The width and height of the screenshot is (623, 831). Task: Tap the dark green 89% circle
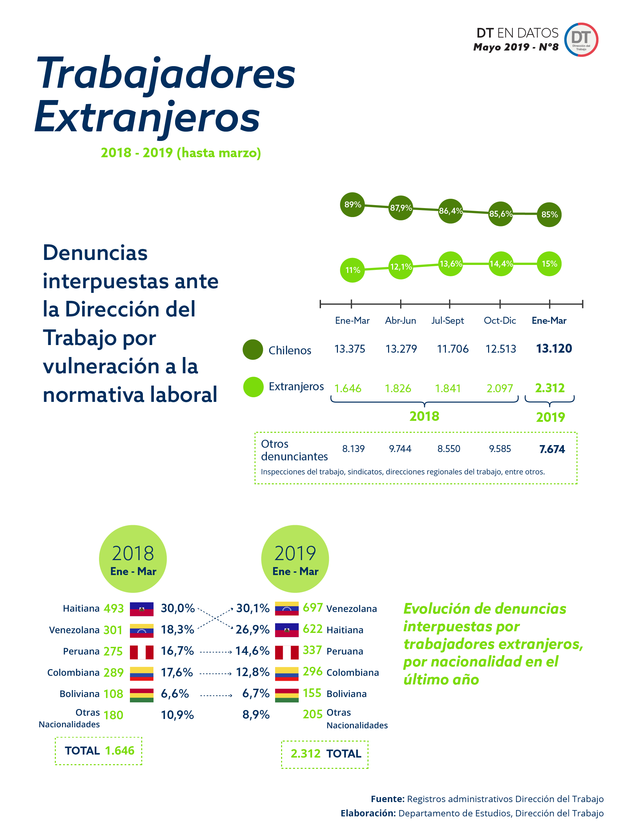click(352, 205)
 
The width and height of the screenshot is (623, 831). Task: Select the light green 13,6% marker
click(450, 264)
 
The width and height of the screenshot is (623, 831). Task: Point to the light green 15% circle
click(549, 264)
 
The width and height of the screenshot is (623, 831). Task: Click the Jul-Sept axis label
click(447, 320)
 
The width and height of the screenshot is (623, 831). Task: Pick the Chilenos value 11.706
click(453, 349)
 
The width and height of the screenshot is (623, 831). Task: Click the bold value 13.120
click(554, 349)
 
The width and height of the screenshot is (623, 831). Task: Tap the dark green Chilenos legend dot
click(253, 350)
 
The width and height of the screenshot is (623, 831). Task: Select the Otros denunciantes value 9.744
click(400, 448)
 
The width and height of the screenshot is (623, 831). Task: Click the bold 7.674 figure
click(552, 449)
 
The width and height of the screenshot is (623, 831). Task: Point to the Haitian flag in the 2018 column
click(142, 609)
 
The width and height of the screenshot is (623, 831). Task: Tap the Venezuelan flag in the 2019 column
click(286, 609)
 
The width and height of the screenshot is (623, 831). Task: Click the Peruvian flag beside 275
click(142, 652)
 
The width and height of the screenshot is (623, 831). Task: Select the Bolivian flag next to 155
click(286, 695)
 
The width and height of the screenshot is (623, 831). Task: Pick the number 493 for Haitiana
click(113, 609)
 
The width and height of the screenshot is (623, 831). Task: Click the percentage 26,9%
click(252, 630)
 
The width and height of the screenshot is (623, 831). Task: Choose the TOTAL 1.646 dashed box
click(99, 751)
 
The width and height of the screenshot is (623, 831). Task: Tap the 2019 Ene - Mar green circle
click(295, 559)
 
